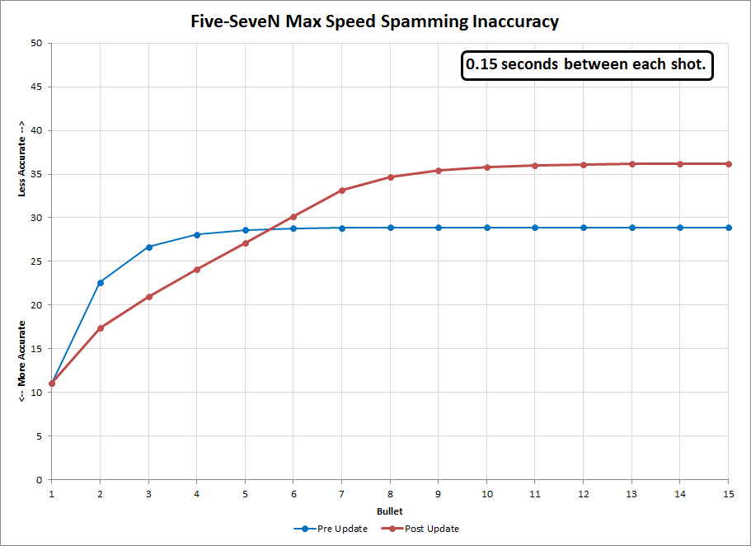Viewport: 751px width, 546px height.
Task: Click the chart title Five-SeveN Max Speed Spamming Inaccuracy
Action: [x=375, y=21]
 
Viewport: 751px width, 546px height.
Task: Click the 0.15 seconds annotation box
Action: [x=587, y=67]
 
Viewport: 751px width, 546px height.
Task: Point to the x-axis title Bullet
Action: [x=389, y=512]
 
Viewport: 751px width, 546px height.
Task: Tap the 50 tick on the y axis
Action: [x=36, y=43]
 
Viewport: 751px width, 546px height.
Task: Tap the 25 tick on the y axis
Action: [x=36, y=261]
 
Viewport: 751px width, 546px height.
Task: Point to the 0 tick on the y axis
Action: [x=39, y=480]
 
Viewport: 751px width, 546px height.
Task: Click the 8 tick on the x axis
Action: [x=390, y=492]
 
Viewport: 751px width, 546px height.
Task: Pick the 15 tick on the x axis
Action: [x=728, y=492]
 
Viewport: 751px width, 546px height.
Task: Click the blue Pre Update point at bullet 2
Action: [x=101, y=283]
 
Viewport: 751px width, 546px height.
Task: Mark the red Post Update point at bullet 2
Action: [x=101, y=328]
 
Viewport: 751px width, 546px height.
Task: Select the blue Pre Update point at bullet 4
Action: [x=197, y=234]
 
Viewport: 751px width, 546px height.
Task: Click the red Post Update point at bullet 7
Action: [x=342, y=191]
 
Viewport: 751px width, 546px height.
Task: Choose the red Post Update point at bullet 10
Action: [x=486, y=167]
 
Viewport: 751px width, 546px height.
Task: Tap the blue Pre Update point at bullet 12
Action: [x=584, y=228]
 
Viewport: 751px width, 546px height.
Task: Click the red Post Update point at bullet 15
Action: [x=728, y=164]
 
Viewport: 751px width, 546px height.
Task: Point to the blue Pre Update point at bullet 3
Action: [x=149, y=247]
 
